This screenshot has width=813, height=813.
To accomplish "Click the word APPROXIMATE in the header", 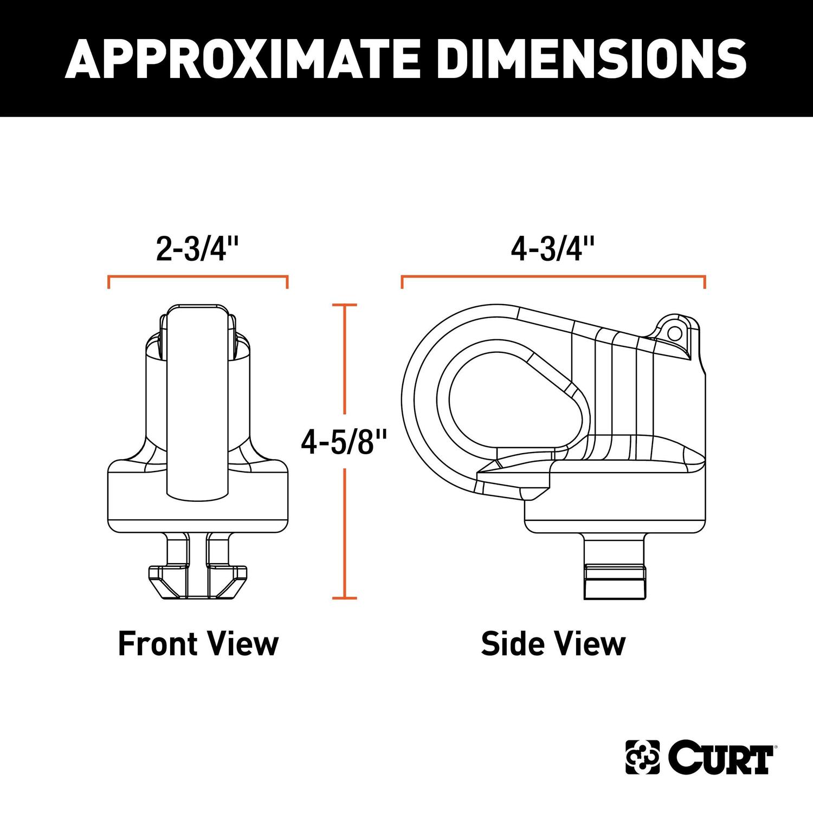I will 241,58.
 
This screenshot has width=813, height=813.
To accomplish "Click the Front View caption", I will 198,644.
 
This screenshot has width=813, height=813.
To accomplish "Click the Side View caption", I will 553,644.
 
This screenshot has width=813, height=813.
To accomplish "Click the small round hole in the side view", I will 674,332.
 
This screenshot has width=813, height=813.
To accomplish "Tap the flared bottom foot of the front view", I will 198,583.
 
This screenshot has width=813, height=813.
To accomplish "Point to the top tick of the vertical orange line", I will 344,306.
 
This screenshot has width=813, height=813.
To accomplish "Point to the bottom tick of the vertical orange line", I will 344,598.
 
